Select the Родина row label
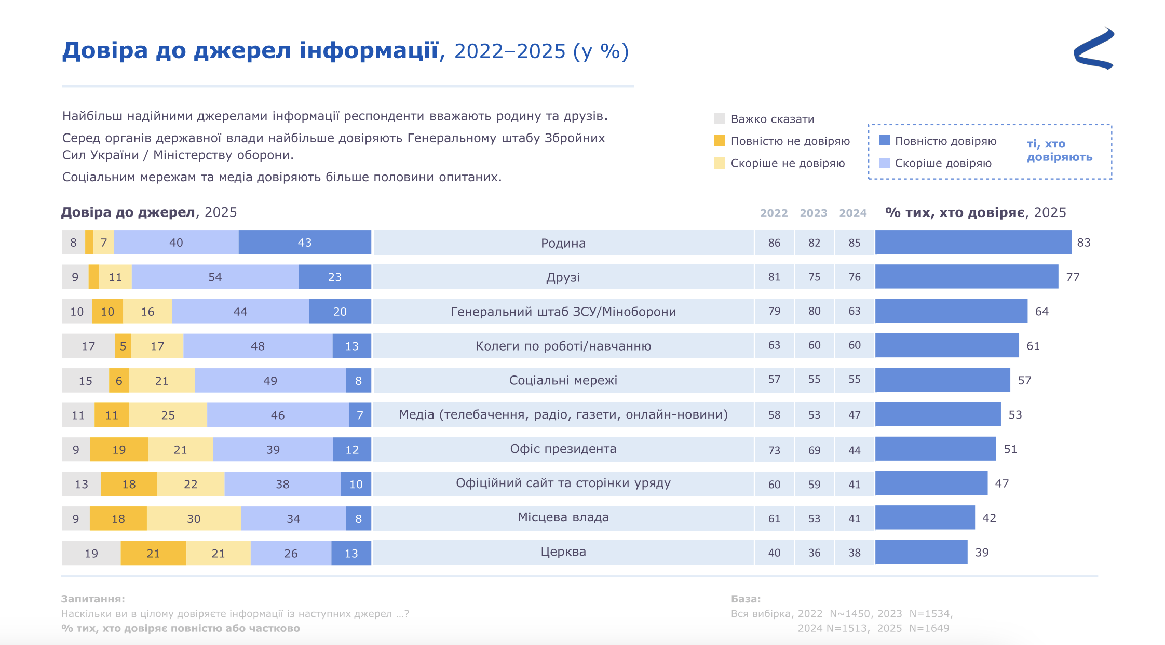[563, 243]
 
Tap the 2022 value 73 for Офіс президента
[774, 450]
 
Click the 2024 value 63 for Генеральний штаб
[855, 311]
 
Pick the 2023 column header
[814, 213]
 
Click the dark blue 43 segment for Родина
[305, 243]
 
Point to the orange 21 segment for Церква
[153, 553]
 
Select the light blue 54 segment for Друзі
[215, 277]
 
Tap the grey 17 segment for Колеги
[88, 346]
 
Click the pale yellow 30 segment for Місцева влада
[194, 519]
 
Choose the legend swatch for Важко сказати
[720, 119]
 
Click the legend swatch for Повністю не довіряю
[720, 141]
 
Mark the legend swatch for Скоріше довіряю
[885, 163]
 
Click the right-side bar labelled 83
[973, 243]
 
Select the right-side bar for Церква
[921, 552]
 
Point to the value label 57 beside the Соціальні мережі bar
[1024, 380]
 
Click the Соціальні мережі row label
[563, 380]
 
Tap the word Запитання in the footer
[93, 599]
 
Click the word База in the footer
[746, 599]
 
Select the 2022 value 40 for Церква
[774, 553]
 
